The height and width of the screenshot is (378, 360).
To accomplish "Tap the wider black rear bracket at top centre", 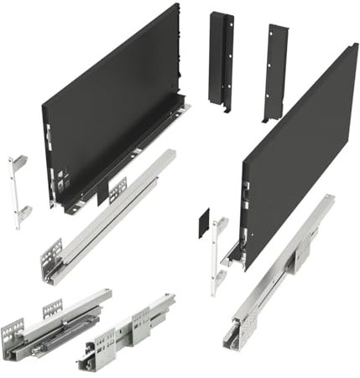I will tap(221, 59).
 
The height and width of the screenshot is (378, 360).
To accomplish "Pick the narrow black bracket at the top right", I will tap(275, 71).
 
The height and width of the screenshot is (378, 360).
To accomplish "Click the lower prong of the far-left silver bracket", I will tap(24, 210).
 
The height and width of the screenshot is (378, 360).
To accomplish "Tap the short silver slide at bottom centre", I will tap(130, 331).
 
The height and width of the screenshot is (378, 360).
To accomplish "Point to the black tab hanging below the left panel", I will tap(102, 193).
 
